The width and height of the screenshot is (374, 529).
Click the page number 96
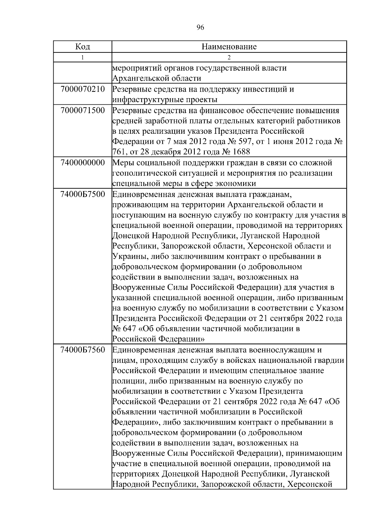coord(200,28)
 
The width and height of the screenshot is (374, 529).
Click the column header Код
coord(83,47)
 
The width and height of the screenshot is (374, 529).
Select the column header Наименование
coord(229,47)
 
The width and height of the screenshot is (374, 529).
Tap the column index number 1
coord(83,57)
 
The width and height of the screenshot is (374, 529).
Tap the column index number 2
coord(229,57)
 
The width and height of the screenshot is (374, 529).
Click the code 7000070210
coord(83,89)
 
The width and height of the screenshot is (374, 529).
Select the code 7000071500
coord(83,110)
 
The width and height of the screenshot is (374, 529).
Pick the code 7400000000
coord(83,163)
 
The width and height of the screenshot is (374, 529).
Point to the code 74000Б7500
coord(83,195)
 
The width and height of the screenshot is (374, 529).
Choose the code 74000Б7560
coord(83,350)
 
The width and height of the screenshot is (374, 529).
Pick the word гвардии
coord(330,360)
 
